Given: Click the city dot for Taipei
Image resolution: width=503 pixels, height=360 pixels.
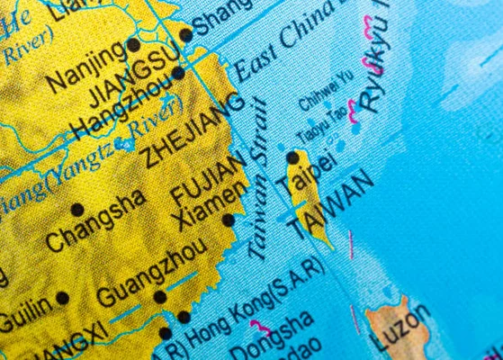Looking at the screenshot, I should click(292, 157).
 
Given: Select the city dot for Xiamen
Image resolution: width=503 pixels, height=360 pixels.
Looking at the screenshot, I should click(229, 220).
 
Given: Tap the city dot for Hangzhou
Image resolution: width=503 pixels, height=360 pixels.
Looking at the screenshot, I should click(178, 73).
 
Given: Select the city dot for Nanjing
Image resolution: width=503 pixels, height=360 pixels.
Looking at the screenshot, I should click(133, 44).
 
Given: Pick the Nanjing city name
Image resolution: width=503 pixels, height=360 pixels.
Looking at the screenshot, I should click(87, 66).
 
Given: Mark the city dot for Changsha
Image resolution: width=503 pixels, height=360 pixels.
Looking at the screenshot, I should click(77, 210).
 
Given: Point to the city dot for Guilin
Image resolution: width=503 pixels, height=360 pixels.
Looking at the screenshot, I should click(62, 298).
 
